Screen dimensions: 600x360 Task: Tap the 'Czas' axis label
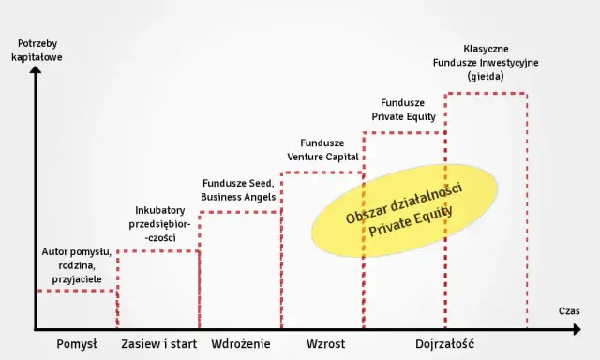coord(570,310)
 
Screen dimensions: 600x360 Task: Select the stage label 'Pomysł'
coord(77,344)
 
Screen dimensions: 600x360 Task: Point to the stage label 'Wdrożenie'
coord(241,344)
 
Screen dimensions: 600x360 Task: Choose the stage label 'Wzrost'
coord(325,344)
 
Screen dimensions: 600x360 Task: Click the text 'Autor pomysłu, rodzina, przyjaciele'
coord(77,265)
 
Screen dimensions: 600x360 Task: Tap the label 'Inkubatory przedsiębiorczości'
coord(159,225)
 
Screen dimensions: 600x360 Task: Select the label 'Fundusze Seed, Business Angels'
coord(239,189)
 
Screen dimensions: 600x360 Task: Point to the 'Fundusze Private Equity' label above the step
coord(404,110)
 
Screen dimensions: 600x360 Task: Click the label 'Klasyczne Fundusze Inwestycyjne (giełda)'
coord(486,62)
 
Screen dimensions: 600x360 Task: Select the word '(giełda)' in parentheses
coord(486,76)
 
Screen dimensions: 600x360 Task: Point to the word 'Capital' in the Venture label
coord(342,156)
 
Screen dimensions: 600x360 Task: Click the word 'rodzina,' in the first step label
coord(77,265)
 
